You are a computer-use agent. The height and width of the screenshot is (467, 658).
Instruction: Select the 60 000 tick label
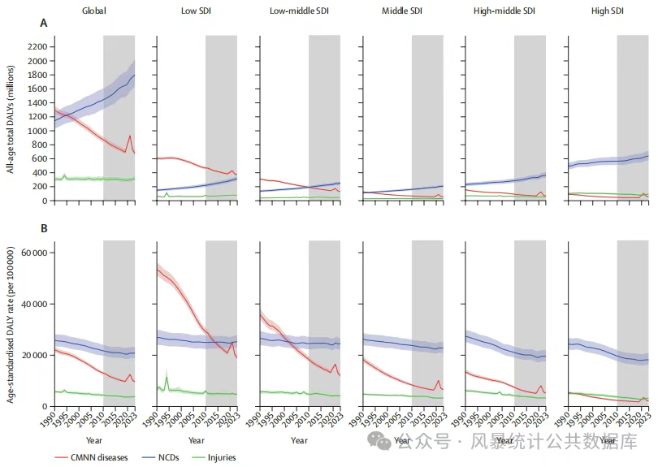click(31, 253)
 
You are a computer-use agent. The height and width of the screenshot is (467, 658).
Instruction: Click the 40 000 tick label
click(31, 304)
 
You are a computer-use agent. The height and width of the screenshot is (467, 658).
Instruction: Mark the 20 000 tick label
click(31, 355)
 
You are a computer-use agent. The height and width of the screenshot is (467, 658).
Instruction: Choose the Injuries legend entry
click(219, 457)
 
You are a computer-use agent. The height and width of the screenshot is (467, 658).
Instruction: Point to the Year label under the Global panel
click(94, 440)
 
